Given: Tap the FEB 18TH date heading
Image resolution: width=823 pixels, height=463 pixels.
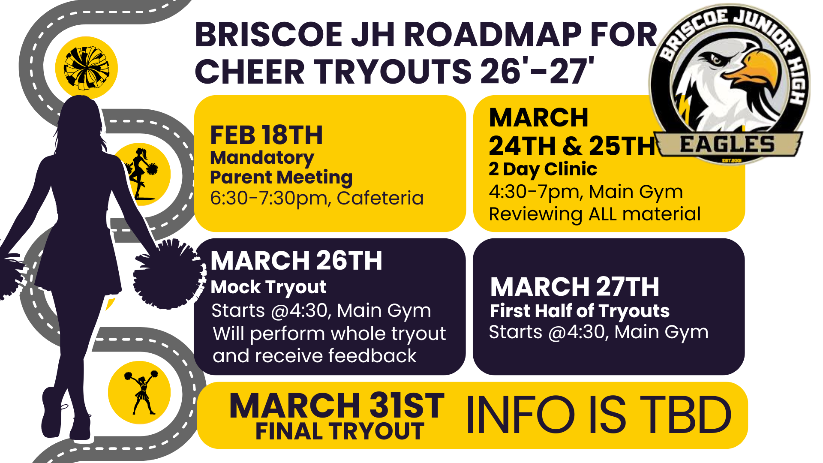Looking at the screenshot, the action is pyautogui.click(x=266, y=135).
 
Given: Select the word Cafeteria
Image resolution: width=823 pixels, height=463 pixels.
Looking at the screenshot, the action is pyautogui.click(x=380, y=198).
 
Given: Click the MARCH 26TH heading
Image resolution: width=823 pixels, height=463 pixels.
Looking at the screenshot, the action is pyautogui.click(x=296, y=261).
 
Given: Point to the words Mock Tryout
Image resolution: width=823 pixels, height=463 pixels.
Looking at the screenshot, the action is pyautogui.click(x=268, y=288).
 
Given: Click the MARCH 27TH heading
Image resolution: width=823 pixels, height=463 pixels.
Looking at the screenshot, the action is pyautogui.click(x=574, y=287).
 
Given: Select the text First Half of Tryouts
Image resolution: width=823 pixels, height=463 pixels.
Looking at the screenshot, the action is pyautogui.click(x=580, y=311).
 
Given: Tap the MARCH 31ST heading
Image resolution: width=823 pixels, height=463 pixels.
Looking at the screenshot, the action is pyautogui.click(x=337, y=406).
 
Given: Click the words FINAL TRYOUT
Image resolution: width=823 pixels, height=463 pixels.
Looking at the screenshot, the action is pyautogui.click(x=340, y=431).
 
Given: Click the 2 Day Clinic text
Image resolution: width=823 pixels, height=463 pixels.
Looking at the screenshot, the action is pyautogui.click(x=543, y=169).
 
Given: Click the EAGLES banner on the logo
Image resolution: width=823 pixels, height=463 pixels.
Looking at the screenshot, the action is pyautogui.click(x=728, y=145).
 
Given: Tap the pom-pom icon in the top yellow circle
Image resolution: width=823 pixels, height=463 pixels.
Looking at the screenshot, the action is pyautogui.click(x=87, y=68).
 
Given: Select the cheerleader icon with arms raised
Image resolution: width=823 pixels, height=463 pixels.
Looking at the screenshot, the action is pyautogui.click(x=141, y=392).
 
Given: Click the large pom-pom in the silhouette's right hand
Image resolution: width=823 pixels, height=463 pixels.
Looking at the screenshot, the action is pyautogui.click(x=168, y=274).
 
